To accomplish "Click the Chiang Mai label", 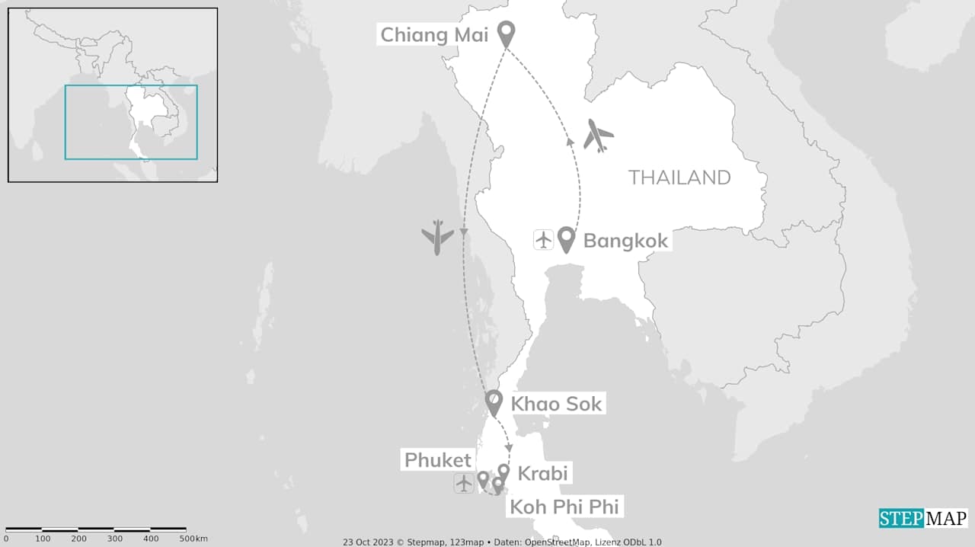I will point(434,34).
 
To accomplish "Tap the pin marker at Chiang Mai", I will point(506,33).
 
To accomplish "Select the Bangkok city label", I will point(625,241).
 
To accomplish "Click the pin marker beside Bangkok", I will point(566,238).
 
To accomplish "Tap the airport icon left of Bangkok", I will point(543,240).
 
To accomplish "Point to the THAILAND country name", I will point(679,178).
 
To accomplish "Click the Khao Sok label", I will point(556,404).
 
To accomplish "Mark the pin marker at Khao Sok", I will point(494,401).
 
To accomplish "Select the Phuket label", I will point(438,460).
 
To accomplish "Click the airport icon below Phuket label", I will point(463,483).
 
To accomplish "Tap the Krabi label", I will point(542,473).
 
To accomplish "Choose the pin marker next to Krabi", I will point(503,472).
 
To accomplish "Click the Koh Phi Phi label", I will point(564,506).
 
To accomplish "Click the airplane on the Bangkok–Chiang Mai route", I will point(598,135).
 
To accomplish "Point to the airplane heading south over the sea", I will point(438,236).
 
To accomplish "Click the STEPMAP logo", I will point(923,519).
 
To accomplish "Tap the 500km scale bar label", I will point(193,539).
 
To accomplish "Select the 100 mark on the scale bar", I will point(43,539).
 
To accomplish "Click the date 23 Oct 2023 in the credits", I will point(370,542).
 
